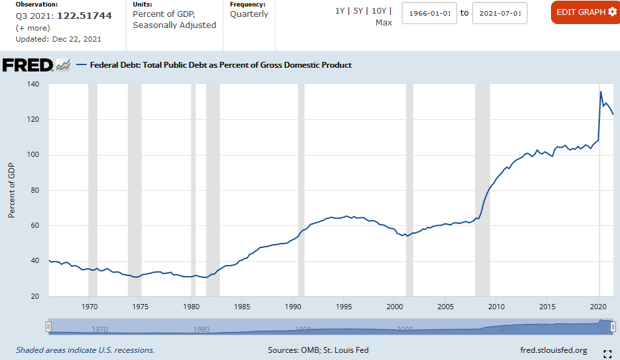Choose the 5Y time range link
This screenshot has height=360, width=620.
coord(358,11)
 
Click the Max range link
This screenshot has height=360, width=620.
coord(384,23)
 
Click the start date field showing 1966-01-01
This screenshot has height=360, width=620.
coord(429,13)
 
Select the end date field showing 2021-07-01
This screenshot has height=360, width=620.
coord(500,13)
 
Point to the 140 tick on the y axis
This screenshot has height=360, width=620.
coord(33,85)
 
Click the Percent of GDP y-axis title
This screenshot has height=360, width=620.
coord(12,190)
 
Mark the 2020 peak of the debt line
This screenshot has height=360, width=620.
coord(600,92)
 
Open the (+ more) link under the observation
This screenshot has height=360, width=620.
coord(33,28)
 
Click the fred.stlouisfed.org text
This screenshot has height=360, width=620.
coord(554,350)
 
